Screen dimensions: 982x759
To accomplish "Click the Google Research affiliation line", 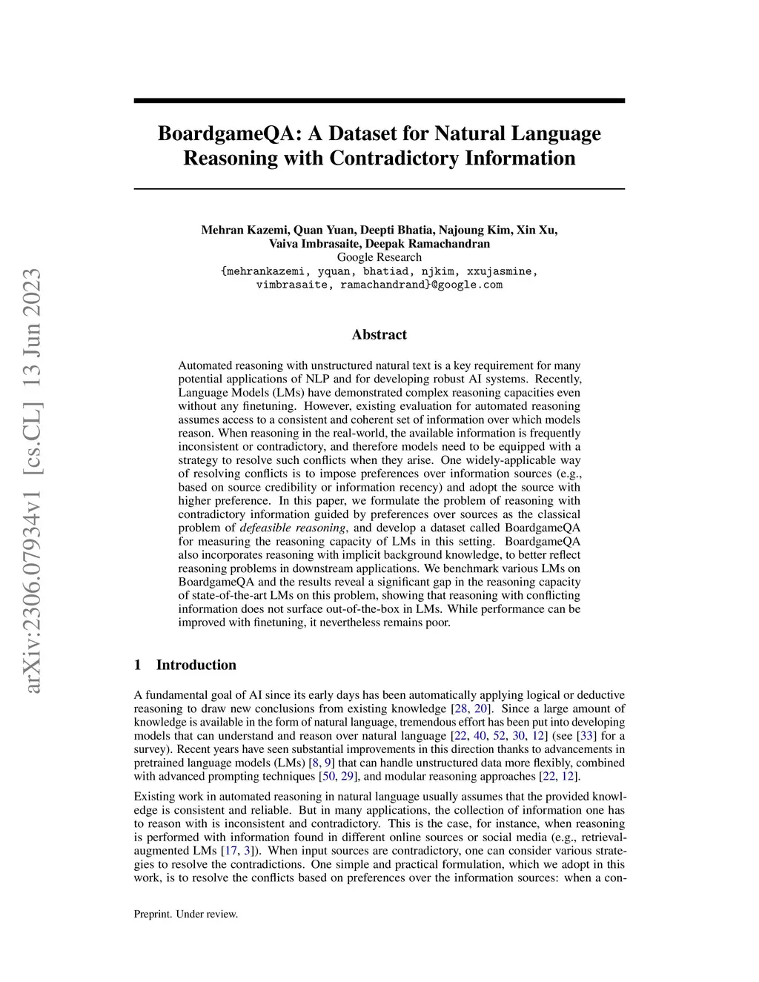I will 379,257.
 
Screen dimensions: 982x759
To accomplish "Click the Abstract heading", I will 379,334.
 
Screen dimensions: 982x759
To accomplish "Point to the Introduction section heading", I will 196,665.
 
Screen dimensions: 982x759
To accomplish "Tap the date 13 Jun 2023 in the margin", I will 32,329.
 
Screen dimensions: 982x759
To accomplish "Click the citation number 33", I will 587,736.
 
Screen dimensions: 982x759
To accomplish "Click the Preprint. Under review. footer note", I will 186,914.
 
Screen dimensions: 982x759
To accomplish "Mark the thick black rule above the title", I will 379,100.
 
